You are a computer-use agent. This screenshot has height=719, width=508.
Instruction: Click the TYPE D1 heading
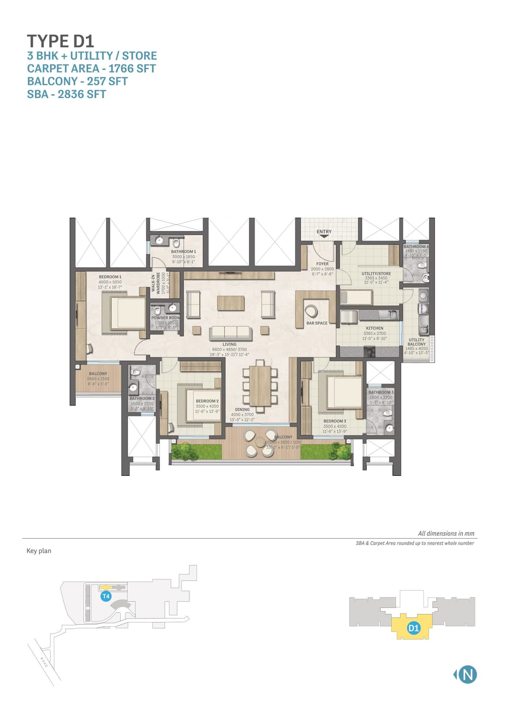pos(60,41)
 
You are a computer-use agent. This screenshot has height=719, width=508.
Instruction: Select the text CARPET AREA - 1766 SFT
pos(91,68)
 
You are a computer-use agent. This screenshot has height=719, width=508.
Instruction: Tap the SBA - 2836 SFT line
pos(66,94)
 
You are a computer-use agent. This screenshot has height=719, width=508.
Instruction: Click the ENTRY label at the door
pos(324,232)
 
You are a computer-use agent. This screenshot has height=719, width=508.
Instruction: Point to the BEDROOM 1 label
pos(110,277)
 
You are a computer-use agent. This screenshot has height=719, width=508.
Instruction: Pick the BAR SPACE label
pos(317,323)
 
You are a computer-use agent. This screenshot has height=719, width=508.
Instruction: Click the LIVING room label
pos(229,344)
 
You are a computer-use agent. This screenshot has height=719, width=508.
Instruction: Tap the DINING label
pos(242,409)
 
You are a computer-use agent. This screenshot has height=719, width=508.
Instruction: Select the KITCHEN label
pos(375,328)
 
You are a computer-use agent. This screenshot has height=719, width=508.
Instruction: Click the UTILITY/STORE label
pos(376,273)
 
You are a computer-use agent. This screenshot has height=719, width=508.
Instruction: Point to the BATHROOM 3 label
pos(381,392)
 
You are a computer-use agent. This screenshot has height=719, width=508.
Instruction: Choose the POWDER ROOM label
pos(165,318)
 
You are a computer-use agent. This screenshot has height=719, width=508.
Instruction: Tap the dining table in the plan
pos(260,385)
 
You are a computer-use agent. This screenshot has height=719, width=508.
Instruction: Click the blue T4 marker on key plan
pos(106,596)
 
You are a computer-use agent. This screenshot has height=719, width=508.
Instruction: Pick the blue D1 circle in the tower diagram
pos(414,628)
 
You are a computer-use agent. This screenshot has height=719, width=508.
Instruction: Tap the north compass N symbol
pos(468,675)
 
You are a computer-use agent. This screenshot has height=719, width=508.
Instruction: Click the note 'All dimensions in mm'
pos(446,533)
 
